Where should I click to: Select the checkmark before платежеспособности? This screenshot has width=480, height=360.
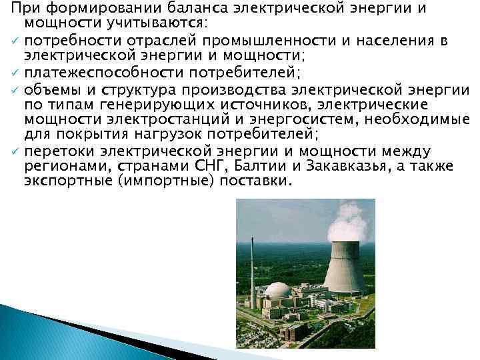tap(13, 73)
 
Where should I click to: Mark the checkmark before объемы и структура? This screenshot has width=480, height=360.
tap(13, 90)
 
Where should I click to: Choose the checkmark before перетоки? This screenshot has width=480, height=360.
tap(13, 152)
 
